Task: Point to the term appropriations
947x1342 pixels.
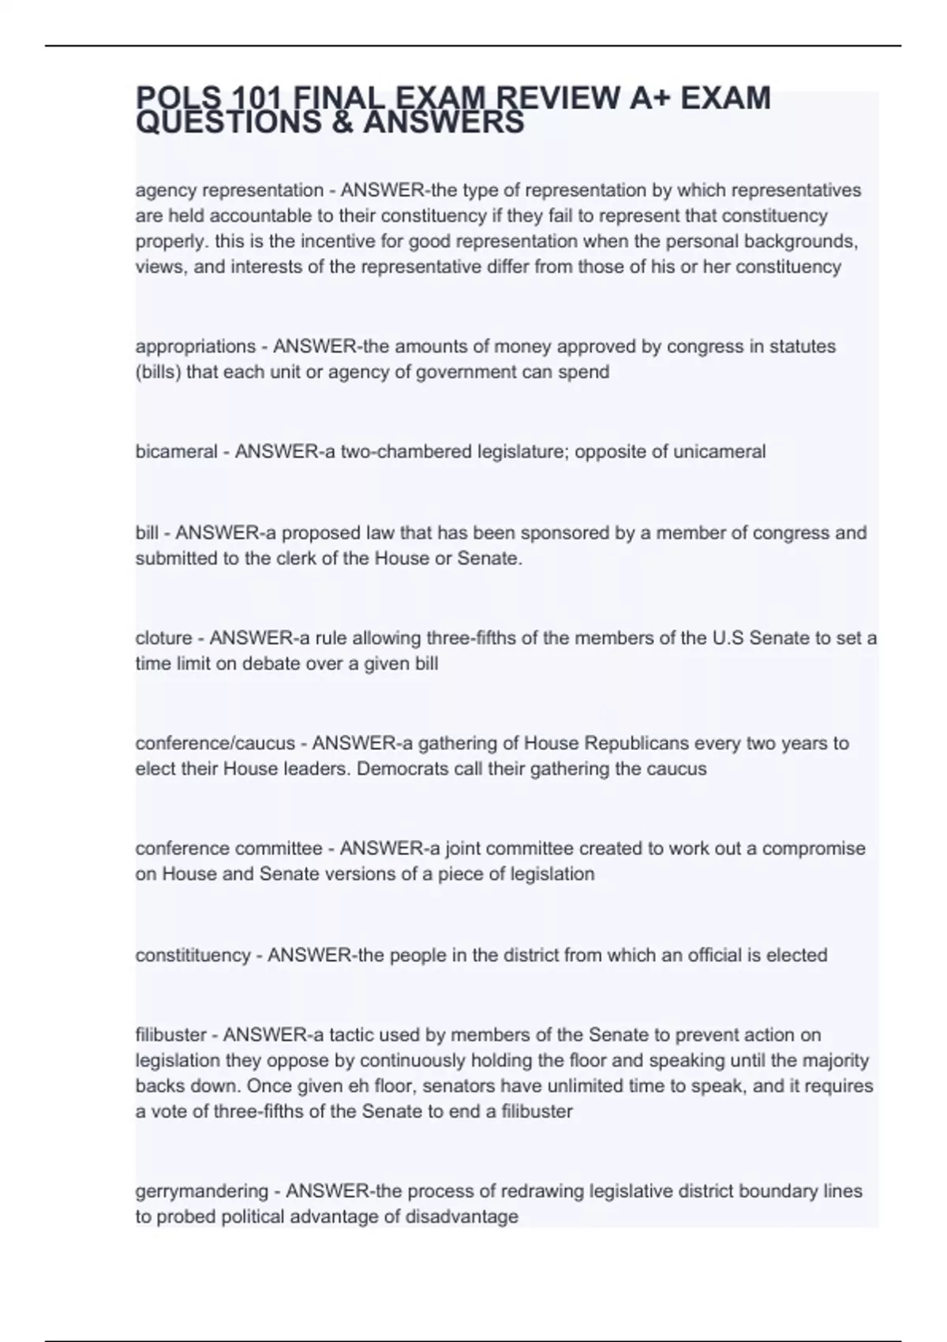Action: point(196,347)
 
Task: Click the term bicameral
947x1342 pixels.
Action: point(176,452)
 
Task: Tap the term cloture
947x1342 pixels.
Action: point(163,638)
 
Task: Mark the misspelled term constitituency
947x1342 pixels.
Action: point(193,955)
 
